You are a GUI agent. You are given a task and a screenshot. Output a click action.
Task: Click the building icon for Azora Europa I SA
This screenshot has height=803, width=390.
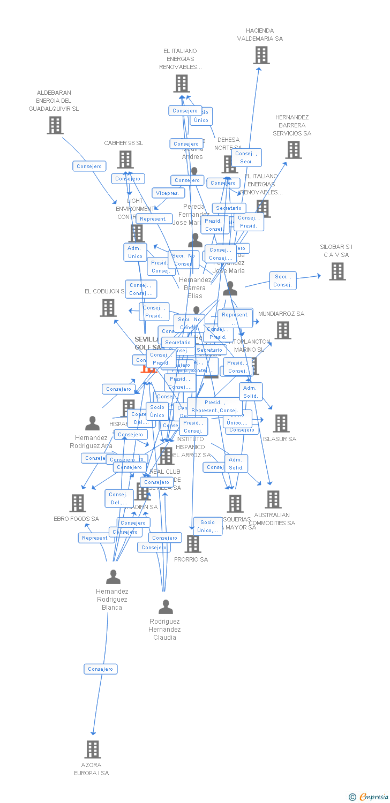[93, 749]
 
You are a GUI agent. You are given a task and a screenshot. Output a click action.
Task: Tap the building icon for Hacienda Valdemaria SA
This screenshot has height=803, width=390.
[261, 55]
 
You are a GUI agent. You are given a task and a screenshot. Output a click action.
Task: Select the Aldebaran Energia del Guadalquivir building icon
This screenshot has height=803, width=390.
[55, 125]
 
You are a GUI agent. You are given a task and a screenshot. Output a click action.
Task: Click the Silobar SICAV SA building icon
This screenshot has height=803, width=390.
[337, 271]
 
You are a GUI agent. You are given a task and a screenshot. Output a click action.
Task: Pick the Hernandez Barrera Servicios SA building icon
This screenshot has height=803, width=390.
[294, 150]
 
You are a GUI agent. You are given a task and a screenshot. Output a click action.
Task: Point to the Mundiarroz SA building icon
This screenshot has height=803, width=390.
[283, 330]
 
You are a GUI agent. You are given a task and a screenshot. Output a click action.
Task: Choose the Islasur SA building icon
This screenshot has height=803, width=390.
[281, 423]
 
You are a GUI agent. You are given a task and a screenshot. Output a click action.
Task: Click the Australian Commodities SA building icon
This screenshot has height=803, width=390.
[273, 499]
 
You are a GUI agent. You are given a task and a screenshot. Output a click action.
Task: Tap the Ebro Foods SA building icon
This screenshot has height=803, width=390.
[78, 503]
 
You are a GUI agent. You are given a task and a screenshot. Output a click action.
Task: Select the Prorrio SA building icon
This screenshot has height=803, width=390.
[192, 544]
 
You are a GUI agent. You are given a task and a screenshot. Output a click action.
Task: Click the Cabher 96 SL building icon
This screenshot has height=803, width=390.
[125, 160]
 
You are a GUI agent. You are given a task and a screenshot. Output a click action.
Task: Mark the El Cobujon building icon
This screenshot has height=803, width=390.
[108, 308]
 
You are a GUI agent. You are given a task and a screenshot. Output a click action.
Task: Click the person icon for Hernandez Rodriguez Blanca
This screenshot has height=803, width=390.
[113, 577]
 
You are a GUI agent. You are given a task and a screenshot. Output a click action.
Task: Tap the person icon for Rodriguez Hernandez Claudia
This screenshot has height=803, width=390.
[166, 607]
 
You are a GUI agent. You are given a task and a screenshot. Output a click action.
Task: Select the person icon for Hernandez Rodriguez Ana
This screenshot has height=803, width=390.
[92, 423]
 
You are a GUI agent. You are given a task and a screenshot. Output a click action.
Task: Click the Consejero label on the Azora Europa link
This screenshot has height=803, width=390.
[100, 669]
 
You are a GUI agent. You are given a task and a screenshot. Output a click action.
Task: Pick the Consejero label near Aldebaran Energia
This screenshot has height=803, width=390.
[89, 166]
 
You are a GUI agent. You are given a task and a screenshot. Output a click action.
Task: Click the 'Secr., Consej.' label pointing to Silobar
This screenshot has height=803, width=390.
[282, 281]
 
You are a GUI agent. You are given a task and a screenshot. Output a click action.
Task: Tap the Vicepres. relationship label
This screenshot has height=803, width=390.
[168, 193]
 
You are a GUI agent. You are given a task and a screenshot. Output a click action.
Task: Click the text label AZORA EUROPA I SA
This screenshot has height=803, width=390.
[91, 769]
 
